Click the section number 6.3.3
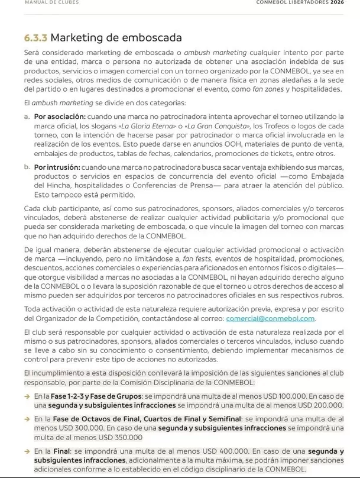tap(35, 38)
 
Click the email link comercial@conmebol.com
tap(270, 318)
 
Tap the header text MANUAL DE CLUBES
tap(52, 3)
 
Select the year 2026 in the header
tap(337, 3)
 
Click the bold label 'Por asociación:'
tap(60, 117)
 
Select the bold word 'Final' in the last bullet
tap(62, 451)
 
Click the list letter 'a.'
tap(27, 117)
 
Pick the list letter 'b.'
tap(27, 167)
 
